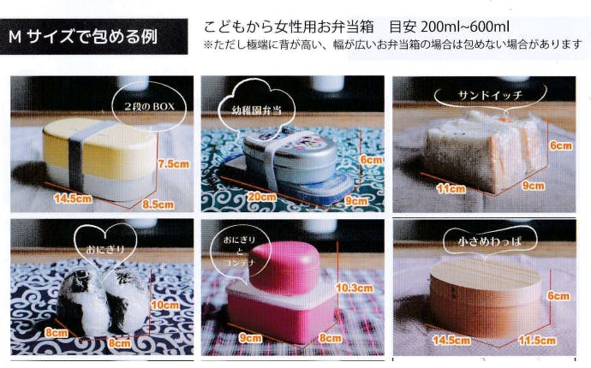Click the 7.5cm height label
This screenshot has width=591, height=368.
pyautogui.click(x=173, y=163)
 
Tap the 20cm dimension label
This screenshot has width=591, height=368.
pyautogui.click(x=261, y=197)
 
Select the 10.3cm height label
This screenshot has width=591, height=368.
pyautogui.click(x=355, y=288)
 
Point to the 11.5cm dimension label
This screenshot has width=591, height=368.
pyautogui.click(x=537, y=341)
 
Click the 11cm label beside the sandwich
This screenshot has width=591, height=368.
pyautogui.click(x=451, y=188)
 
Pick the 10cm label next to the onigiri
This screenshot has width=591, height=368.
pyautogui.click(x=165, y=305)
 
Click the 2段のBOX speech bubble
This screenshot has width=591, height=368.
pyautogui.click(x=150, y=106)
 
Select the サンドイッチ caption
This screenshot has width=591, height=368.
pyautogui.click(x=490, y=95)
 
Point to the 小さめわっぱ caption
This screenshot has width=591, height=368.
pyautogui.click(x=490, y=241)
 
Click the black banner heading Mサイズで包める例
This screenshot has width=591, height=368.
pyautogui.click(x=93, y=37)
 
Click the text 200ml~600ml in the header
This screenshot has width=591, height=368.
pyautogui.click(x=465, y=27)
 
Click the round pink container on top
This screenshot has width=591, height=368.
pyautogui.click(x=284, y=267)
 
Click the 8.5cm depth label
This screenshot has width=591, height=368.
pyautogui.click(x=158, y=205)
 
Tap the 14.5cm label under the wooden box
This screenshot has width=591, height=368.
pyautogui.click(x=451, y=341)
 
